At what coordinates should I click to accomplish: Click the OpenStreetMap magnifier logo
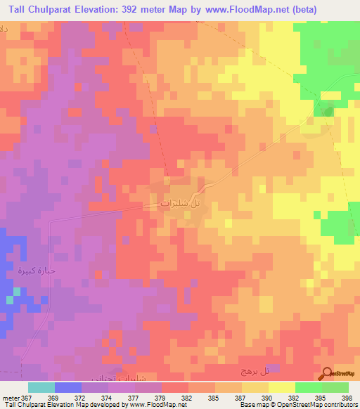click(328, 373)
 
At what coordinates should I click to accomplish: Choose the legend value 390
click(257, 397)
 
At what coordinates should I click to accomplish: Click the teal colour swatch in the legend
click(41, 387)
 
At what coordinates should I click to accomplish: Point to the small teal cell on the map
click(9, 300)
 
